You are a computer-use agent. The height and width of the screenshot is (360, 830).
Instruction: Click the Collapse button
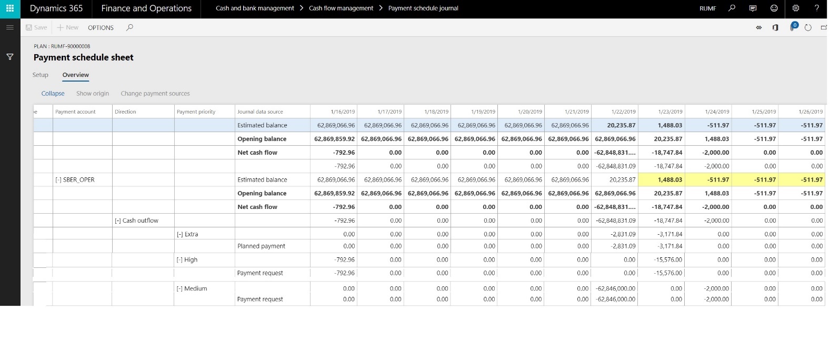click(53, 94)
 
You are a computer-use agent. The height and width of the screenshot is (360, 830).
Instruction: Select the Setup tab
click(41, 75)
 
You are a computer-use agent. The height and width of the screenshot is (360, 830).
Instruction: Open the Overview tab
click(76, 75)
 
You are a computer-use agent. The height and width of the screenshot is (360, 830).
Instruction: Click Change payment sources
click(155, 94)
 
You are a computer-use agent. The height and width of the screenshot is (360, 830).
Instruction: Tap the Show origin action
click(93, 94)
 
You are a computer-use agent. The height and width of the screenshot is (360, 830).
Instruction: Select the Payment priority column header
click(196, 112)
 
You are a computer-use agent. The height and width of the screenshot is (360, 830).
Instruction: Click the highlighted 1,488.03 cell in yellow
click(669, 179)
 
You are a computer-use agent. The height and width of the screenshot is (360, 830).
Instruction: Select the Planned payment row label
click(261, 246)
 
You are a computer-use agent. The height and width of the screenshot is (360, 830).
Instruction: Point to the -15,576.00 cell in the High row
click(668, 259)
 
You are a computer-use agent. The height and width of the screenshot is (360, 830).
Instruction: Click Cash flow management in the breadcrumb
click(341, 8)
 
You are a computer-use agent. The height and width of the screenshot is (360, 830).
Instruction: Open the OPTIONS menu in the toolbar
click(101, 28)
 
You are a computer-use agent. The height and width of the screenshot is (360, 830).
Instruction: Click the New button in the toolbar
click(68, 27)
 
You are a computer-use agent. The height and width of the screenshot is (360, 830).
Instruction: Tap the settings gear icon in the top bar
click(796, 8)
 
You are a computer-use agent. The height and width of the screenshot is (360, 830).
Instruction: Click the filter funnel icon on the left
click(10, 57)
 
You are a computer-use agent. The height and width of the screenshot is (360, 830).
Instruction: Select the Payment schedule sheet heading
click(84, 57)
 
